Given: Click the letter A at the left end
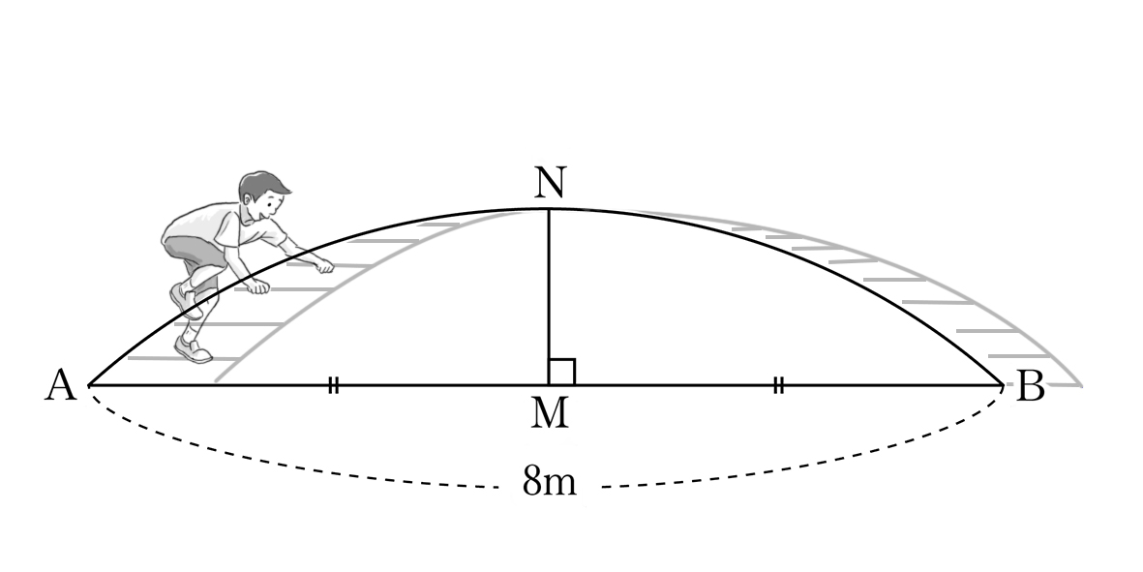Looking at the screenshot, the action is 61,385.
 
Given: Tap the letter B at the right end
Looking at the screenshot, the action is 1030,386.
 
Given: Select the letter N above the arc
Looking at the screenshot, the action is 549,182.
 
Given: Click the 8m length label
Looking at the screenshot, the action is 549,481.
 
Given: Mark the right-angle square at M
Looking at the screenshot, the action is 562,372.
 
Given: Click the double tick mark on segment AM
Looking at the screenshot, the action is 333,385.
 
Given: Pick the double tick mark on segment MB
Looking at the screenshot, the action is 778,385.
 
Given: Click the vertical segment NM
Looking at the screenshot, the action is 548,296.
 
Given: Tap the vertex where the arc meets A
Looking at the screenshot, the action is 89,385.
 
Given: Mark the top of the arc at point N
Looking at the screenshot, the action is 548,209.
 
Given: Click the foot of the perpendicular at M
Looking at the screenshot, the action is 548,385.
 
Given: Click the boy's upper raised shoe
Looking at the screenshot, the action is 185,299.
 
